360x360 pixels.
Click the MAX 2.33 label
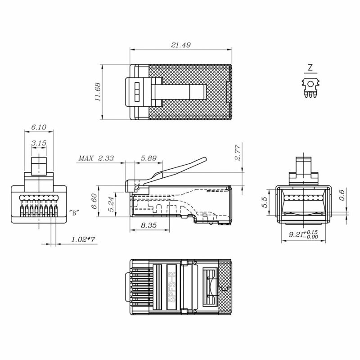[96, 158]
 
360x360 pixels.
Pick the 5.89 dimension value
[148, 158]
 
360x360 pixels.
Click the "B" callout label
[74, 213]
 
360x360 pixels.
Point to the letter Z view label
[310, 68]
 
